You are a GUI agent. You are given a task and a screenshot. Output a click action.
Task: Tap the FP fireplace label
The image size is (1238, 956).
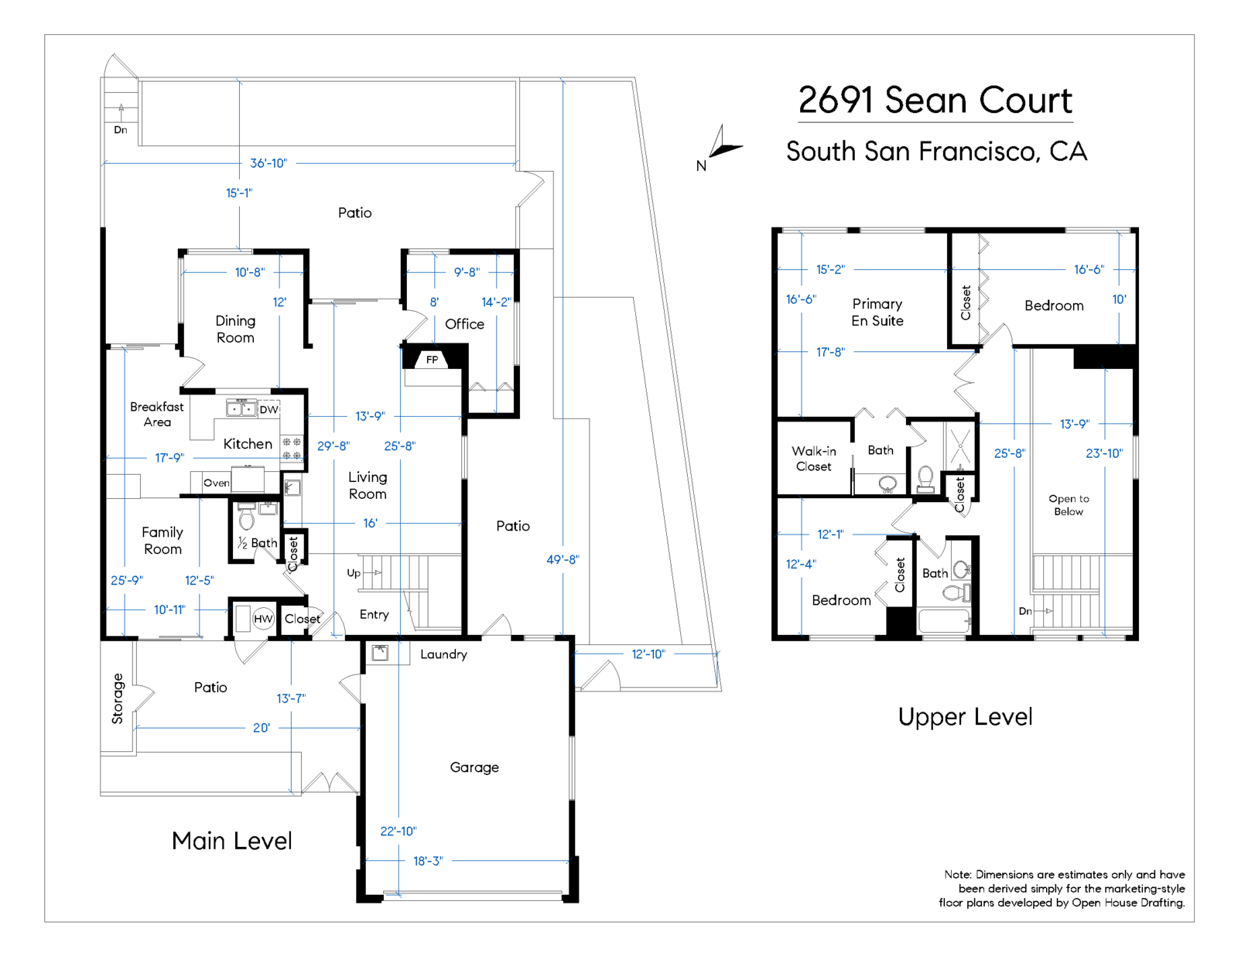pos(432,360)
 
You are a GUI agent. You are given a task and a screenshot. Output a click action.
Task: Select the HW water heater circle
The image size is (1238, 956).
pos(262,618)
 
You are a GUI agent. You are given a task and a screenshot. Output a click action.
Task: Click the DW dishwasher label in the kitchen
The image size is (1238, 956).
pos(269,409)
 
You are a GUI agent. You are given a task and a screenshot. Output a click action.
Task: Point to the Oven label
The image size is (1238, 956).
pos(217,483)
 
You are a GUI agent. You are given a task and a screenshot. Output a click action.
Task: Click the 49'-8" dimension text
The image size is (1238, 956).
pos(563,560)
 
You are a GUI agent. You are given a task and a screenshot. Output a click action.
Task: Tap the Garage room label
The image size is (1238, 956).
pos(474,767)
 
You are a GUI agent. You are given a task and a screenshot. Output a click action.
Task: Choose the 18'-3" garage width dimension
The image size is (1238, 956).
pos(428,861)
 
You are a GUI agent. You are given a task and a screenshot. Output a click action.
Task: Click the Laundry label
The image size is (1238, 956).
pos(443,655)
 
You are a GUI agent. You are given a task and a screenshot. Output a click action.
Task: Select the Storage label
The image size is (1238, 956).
pos(118,698)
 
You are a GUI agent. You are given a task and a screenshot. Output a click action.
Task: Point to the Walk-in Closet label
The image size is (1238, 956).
pos(813,459)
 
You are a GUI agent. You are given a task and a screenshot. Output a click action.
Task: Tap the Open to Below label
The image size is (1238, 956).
pos(1069,505)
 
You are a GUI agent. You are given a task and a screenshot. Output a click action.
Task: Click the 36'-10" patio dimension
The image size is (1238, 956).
pos(268,163)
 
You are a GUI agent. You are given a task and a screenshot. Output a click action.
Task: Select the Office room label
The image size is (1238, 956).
pos(464,324)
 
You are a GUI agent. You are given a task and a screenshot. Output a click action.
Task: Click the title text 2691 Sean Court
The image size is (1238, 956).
pos(935,101)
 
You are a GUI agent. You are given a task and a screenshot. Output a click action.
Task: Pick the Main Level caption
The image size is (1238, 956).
pos(232,841)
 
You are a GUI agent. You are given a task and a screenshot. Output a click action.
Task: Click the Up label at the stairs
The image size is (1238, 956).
pos(354,573)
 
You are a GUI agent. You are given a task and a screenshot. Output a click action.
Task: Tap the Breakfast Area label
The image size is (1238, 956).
pos(156,414)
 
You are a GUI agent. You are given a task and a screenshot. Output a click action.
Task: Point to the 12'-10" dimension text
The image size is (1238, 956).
pos(648,654)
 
